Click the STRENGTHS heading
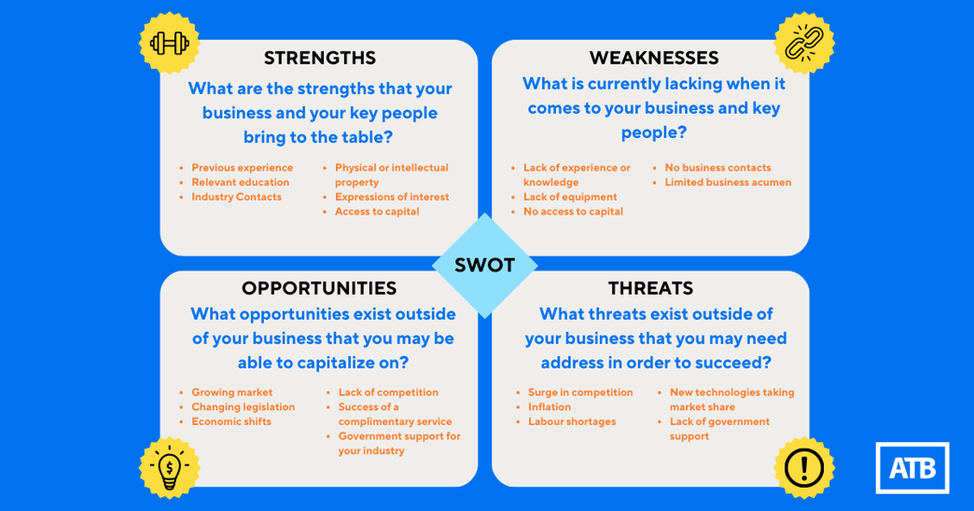[x=319, y=58]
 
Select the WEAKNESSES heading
[x=653, y=58]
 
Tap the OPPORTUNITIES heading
[x=319, y=288]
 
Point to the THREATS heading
[x=650, y=288]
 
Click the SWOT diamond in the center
[x=484, y=265]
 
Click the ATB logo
[x=911, y=467]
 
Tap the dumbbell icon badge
[x=170, y=42]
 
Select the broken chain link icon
[x=804, y=43]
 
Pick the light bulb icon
[x=170, y=467]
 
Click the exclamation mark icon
[x=804, y=467]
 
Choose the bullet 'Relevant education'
[x=240, y=183]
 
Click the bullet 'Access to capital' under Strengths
[x=377, y=212]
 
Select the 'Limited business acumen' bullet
[x=728, y=183]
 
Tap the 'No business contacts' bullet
[x=717, y=168]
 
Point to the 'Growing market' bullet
[x=232, y=393]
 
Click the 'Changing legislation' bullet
[x=243, y=407]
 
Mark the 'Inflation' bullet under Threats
[x=550, y=407]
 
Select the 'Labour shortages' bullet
[x=572, y=421]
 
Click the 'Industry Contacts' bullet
[x=236, y=197]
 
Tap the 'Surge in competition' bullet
[x=580, y=393]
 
